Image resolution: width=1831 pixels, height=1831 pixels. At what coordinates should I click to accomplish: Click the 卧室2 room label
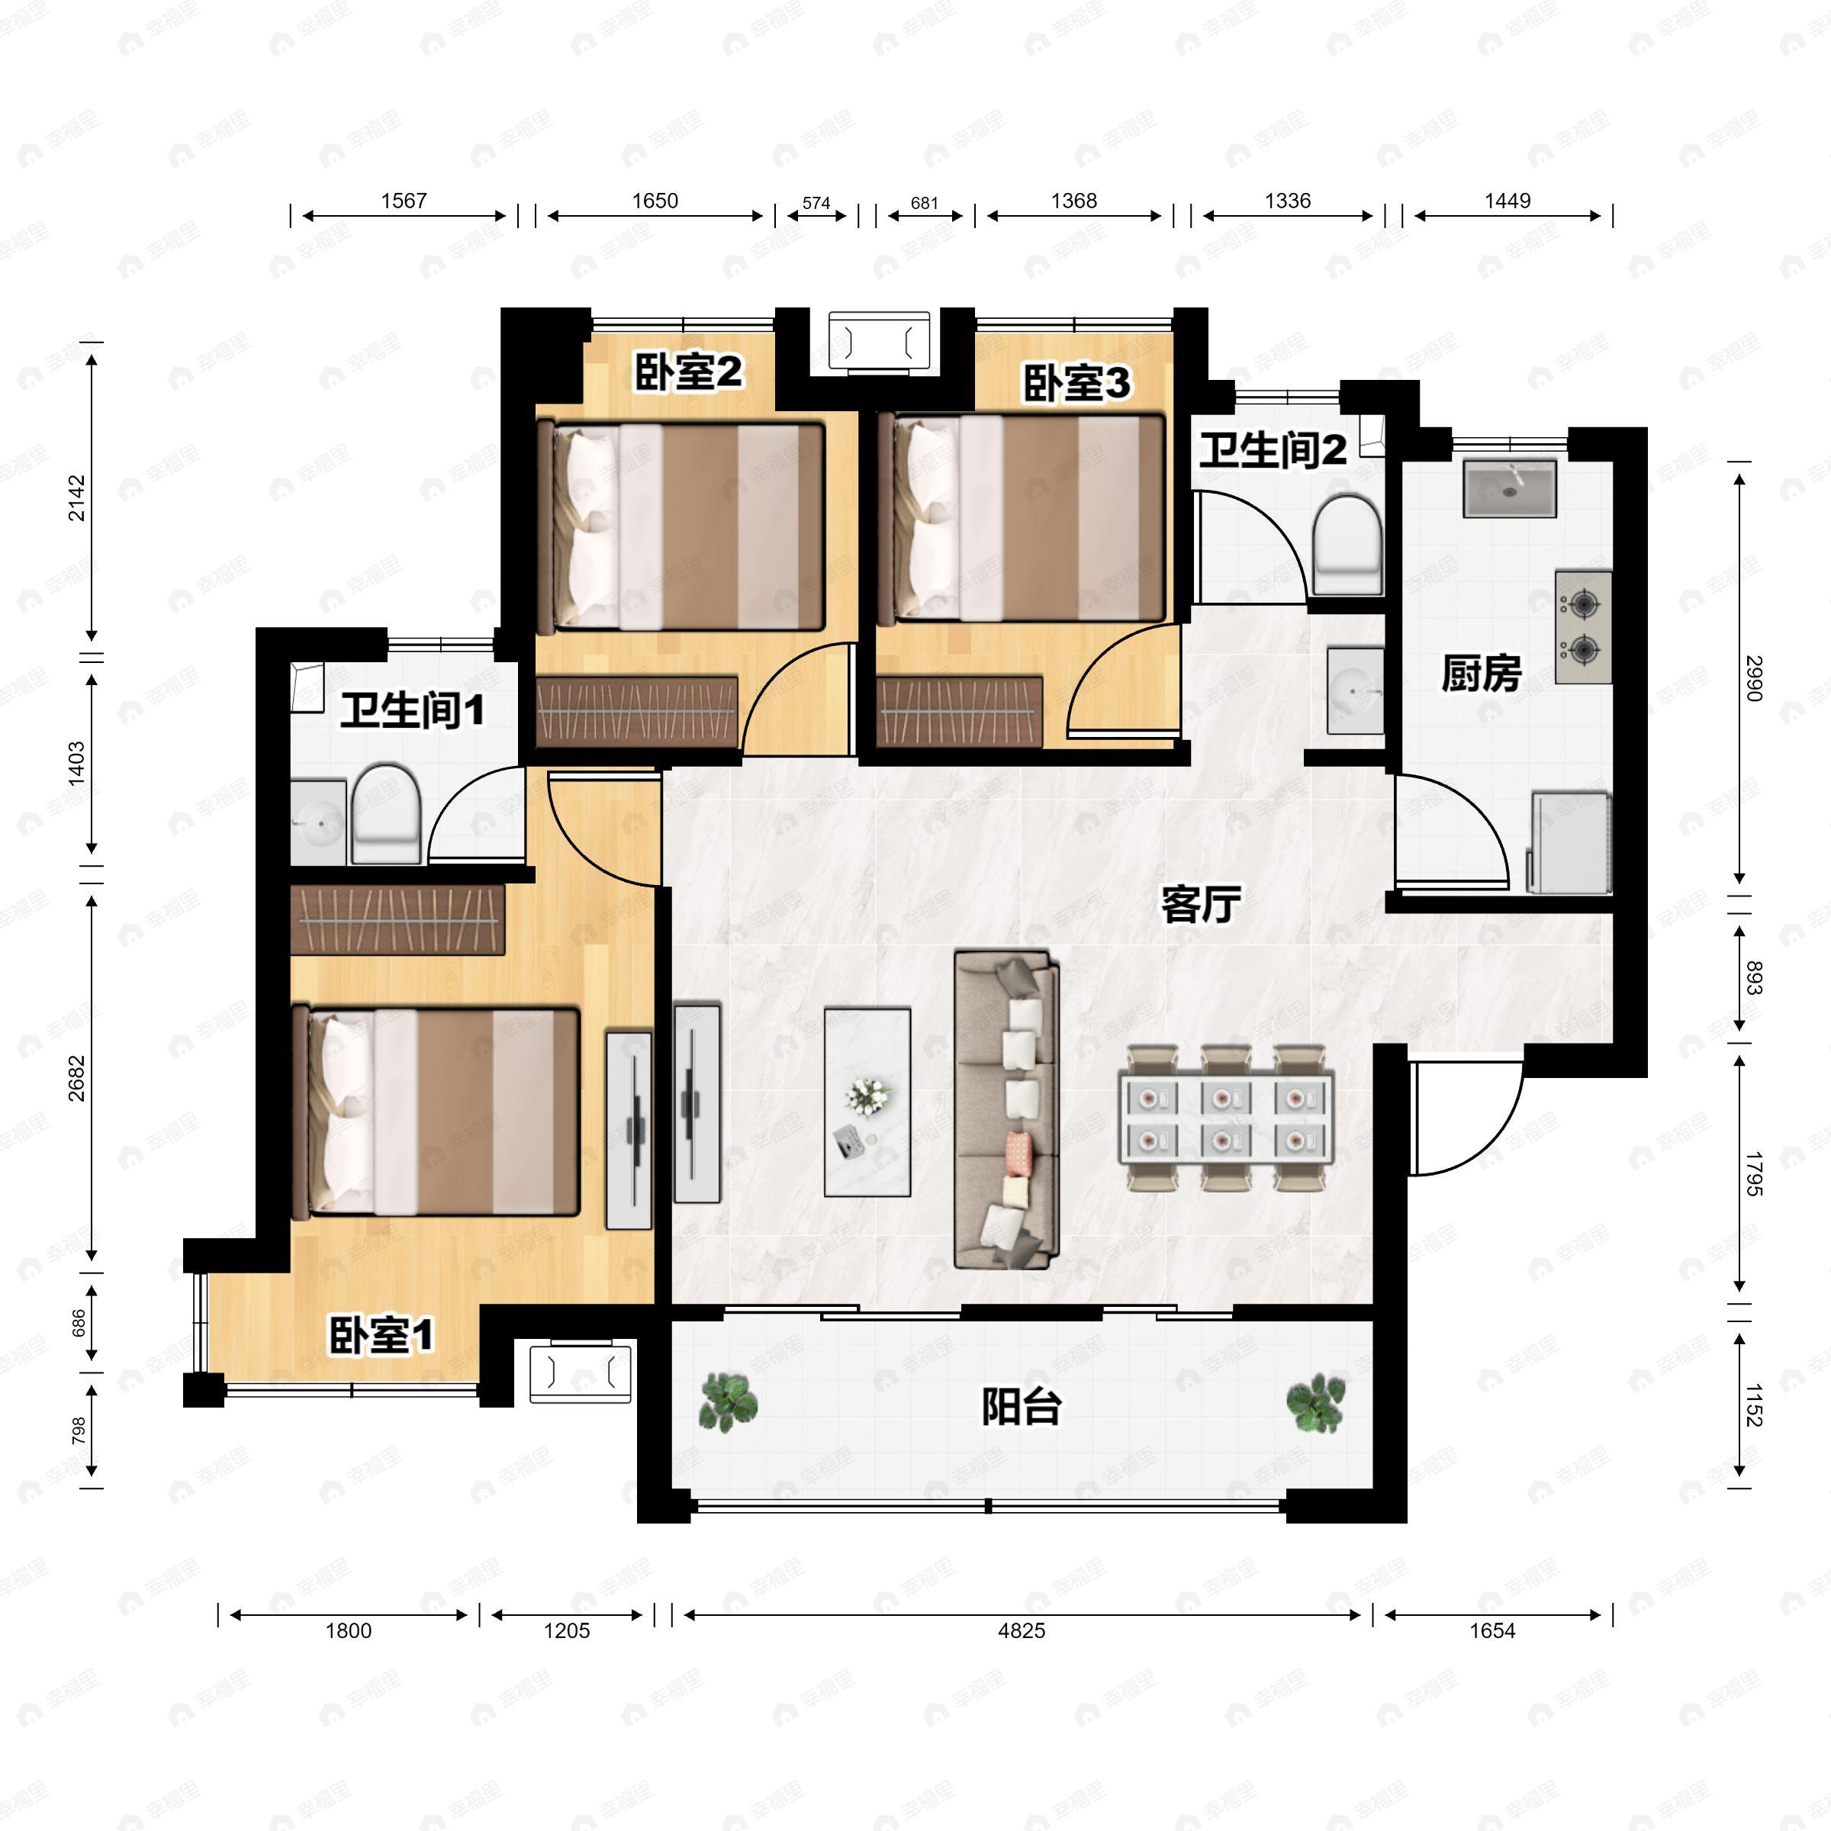688,372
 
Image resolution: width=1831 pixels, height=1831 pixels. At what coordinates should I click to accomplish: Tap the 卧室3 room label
1076,383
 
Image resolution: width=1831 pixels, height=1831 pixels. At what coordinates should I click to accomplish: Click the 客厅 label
1201,904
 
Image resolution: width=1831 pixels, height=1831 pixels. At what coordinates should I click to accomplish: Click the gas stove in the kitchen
1583,626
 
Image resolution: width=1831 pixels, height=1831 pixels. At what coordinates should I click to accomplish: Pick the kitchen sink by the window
1510,489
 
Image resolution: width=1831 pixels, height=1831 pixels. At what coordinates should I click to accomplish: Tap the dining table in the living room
1225,1118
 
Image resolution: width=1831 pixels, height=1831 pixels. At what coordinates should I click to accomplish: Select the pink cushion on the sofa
1018,1150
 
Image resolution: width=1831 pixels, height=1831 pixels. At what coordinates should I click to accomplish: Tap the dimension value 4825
1021,1631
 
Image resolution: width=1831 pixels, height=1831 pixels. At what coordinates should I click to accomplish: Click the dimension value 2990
1753,677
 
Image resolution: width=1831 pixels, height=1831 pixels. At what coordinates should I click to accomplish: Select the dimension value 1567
404,201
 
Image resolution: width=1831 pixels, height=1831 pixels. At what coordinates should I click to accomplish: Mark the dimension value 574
816,203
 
